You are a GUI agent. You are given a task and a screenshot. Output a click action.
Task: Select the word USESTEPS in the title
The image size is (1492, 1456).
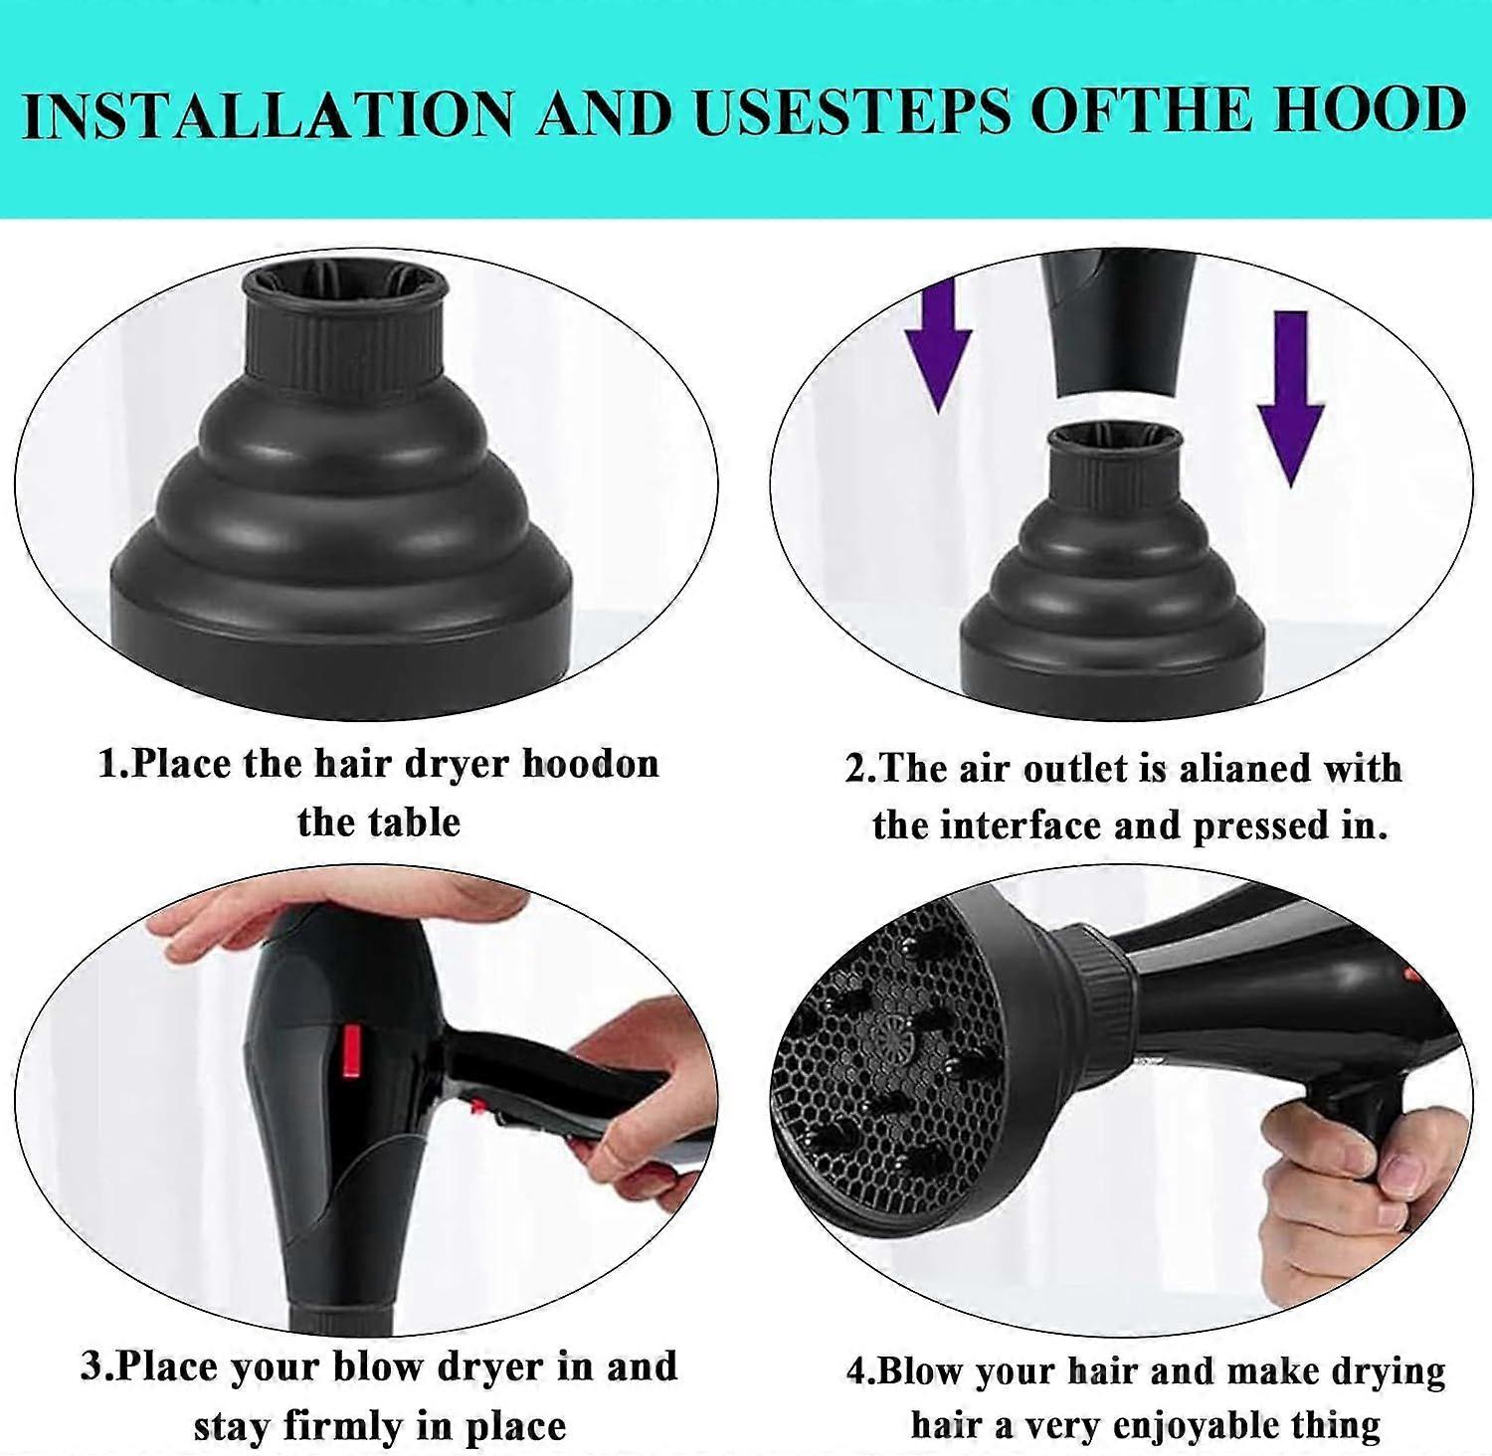coord(852,110)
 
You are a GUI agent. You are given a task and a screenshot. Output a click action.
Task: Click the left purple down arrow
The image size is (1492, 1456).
coord(938,344)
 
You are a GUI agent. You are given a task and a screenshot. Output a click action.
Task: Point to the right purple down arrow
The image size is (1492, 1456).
coord(1290,398)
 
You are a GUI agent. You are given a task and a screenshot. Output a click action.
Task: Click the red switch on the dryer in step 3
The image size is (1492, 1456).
coord(350,1054)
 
